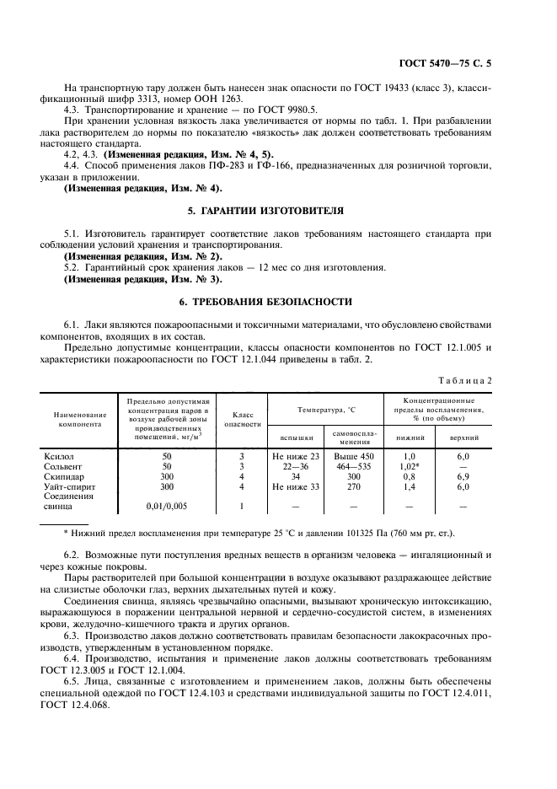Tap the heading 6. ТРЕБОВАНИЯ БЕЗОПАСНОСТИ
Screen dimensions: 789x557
(278, 301)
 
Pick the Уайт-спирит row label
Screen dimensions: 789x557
(71, 486)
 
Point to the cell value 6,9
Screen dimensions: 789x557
(463, 476)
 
